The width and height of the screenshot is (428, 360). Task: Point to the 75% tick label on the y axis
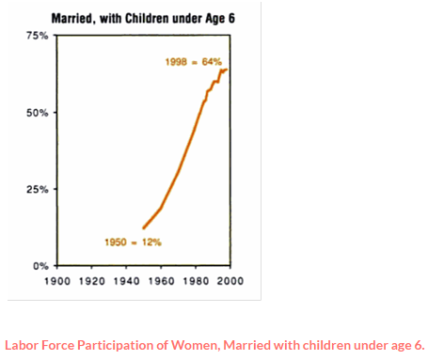[39, 36]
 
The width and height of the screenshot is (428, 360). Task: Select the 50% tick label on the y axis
[39, 113]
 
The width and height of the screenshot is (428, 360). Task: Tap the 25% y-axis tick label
[39, 189]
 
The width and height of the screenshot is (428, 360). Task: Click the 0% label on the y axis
[41, 266]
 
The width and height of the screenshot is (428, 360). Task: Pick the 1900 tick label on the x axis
[58, 280]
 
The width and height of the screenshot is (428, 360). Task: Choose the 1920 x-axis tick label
[93, 280]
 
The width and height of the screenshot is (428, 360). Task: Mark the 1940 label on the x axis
[128, 280]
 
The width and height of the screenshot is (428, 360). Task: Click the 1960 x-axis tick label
[162, 280]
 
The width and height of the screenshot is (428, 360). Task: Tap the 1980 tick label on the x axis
[197, 280]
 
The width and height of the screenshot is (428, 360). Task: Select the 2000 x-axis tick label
[230, 280]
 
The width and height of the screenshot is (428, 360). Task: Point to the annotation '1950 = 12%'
[133, 243]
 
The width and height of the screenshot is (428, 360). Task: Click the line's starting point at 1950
[143, 228]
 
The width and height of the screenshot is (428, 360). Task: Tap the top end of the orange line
[227, 70]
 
